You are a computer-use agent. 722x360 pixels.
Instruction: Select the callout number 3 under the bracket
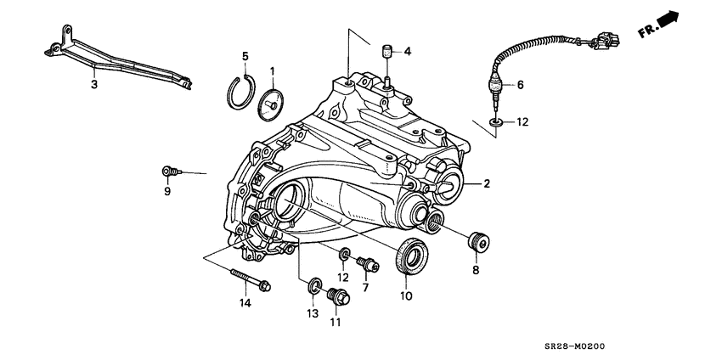[x=94, y=84]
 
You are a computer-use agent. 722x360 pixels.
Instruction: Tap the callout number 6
[x=520, y=84]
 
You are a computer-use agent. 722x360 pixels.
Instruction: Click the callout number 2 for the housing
[x=487, y=183]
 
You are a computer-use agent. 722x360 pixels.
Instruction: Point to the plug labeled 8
[x=478, y=242]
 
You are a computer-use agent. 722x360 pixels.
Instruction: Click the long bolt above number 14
[x=248, y=279]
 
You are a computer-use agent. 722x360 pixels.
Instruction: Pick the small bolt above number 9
[x=170, y=172]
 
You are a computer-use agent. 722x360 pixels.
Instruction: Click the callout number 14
[x=245, y=303]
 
